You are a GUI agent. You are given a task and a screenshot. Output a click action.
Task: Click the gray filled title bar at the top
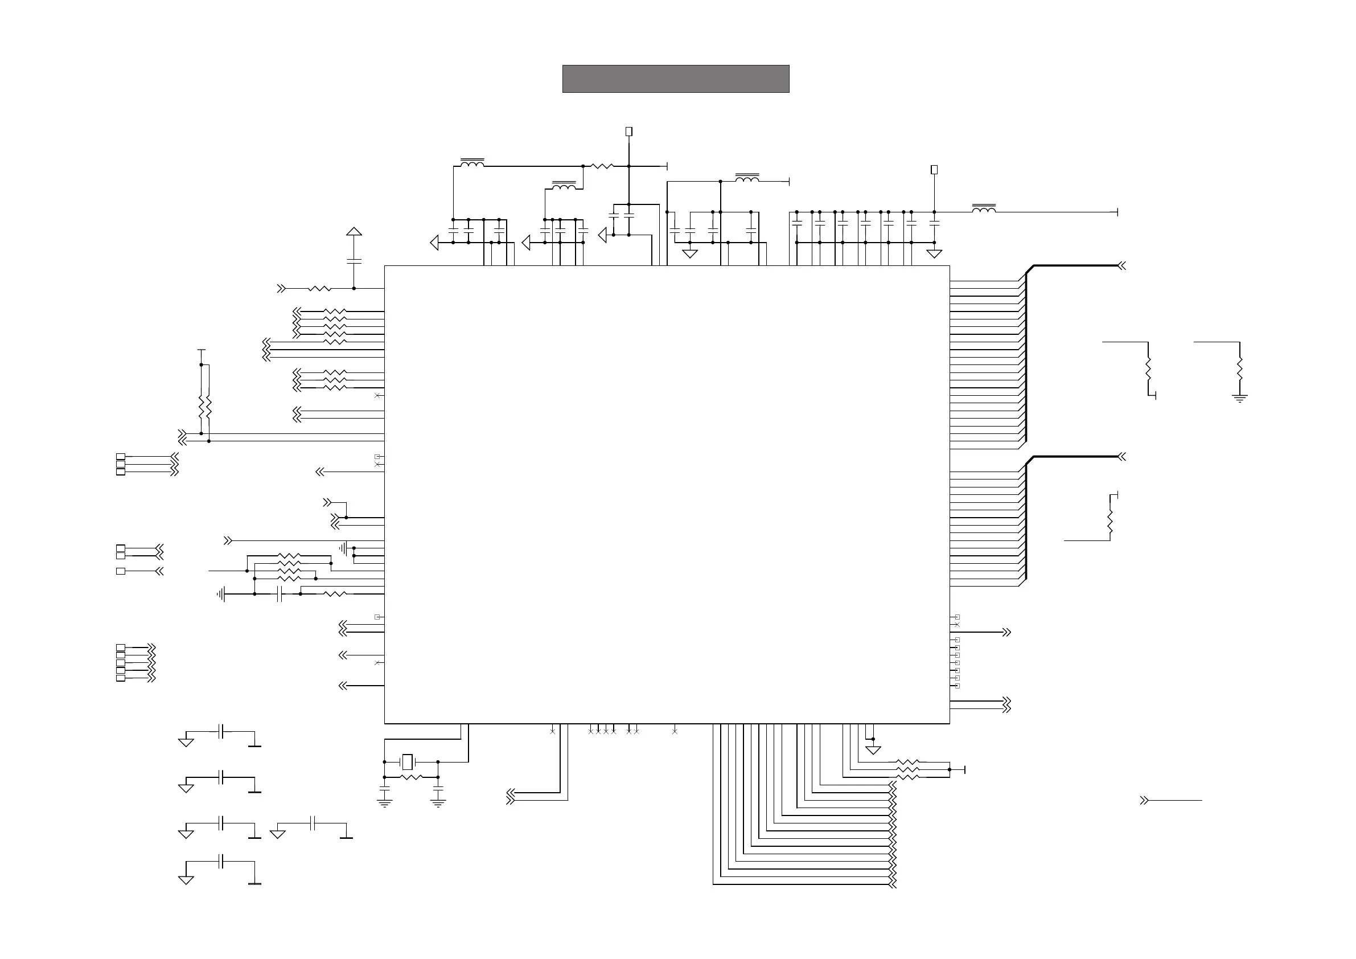click(x=675, y=79)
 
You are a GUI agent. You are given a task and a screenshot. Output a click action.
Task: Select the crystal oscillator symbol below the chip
click(x=407, y=761)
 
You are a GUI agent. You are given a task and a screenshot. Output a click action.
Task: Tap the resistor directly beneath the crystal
click(x=411, y=777)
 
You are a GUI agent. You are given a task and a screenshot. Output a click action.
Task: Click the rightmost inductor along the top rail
click(x=983, y=208)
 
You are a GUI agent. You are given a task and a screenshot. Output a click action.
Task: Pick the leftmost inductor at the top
click(x=472, y=163)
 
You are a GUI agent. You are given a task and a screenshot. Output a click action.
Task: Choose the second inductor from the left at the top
click(x=564, y=186)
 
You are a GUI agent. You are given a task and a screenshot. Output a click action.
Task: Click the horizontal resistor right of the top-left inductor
click(x=602, y=167)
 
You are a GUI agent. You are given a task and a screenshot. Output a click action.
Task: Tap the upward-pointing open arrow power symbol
click(x=354, y=232)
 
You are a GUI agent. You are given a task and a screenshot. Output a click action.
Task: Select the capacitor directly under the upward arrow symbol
click(x=354, y=261)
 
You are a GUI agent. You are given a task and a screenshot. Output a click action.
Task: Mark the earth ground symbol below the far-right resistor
click(x=1239, y=398)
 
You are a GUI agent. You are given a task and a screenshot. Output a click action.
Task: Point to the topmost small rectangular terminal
click(x=629, y=132)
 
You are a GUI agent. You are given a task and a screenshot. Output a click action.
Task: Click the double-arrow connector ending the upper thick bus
click(x=1121, y=266)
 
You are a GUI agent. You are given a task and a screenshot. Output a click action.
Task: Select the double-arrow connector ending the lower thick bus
click(x=1121, y=457)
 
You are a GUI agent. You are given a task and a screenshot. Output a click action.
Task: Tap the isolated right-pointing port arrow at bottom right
click(x=1144, y=801)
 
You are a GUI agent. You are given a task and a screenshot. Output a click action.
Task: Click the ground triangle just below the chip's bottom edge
click(x=873, y=751)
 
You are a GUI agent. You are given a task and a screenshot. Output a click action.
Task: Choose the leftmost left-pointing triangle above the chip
click(x=435, y=242)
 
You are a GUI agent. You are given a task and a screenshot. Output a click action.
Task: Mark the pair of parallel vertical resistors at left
click(x=205, y=406)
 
